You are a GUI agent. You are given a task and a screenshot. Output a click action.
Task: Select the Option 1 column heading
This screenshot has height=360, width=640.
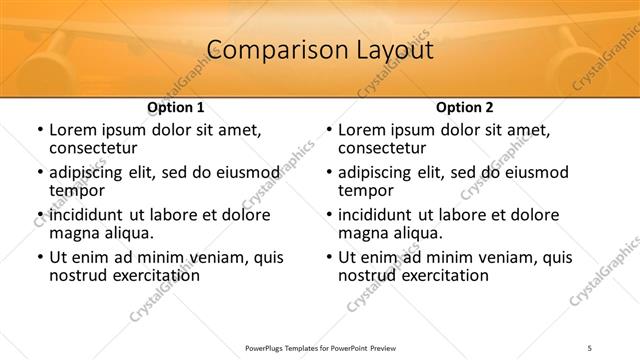176,107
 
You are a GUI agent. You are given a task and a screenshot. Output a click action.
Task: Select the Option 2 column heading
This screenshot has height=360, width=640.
464,107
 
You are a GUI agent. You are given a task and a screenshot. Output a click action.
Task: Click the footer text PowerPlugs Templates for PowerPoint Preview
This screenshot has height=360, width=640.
320,348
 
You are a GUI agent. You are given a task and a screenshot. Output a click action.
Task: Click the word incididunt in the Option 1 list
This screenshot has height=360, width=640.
87,215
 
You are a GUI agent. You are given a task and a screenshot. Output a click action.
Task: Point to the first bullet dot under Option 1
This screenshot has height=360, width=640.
39,130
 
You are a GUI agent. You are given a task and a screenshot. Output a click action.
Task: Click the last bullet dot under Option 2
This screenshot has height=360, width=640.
328,257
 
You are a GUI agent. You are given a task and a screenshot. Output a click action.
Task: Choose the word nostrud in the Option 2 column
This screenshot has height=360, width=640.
369,275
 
